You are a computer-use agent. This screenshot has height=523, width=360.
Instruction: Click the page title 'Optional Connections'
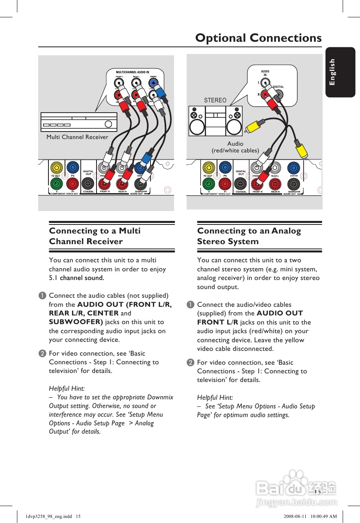click(258, 38)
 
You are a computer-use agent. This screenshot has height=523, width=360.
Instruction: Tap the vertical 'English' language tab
click(332, 72)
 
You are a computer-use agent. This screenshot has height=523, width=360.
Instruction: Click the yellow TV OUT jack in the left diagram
click(57, 168)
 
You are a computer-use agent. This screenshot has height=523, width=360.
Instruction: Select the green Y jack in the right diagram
click(209, 184)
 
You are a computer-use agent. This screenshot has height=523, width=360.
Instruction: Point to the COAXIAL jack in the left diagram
click(88, 184)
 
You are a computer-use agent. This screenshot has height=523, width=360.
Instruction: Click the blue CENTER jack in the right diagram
click(293, 168)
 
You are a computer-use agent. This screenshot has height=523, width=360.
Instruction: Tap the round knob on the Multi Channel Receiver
click(109, 124)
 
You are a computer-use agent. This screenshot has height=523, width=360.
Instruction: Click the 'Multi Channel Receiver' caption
click(77, 137)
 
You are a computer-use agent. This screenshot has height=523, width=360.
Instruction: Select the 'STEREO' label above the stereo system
click(215, 100)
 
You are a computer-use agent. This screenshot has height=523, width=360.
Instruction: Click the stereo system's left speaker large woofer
click(197, 127)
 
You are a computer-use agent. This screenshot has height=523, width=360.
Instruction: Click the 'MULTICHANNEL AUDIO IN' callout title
click(132, 72)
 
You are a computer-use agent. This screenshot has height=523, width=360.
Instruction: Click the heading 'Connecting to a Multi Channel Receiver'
click(95, 236)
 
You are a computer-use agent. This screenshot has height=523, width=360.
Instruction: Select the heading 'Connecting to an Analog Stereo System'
click(249, 236)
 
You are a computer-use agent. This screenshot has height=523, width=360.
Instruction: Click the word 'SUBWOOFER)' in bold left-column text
click(76, 322)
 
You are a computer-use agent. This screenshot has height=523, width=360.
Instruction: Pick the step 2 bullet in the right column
click(191, 362)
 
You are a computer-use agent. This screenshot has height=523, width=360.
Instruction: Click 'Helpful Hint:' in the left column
click(67, 388)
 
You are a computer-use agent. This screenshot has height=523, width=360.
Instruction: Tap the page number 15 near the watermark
click(317, 492)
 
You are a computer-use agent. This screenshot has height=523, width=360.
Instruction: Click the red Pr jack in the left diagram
click(72, 184)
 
